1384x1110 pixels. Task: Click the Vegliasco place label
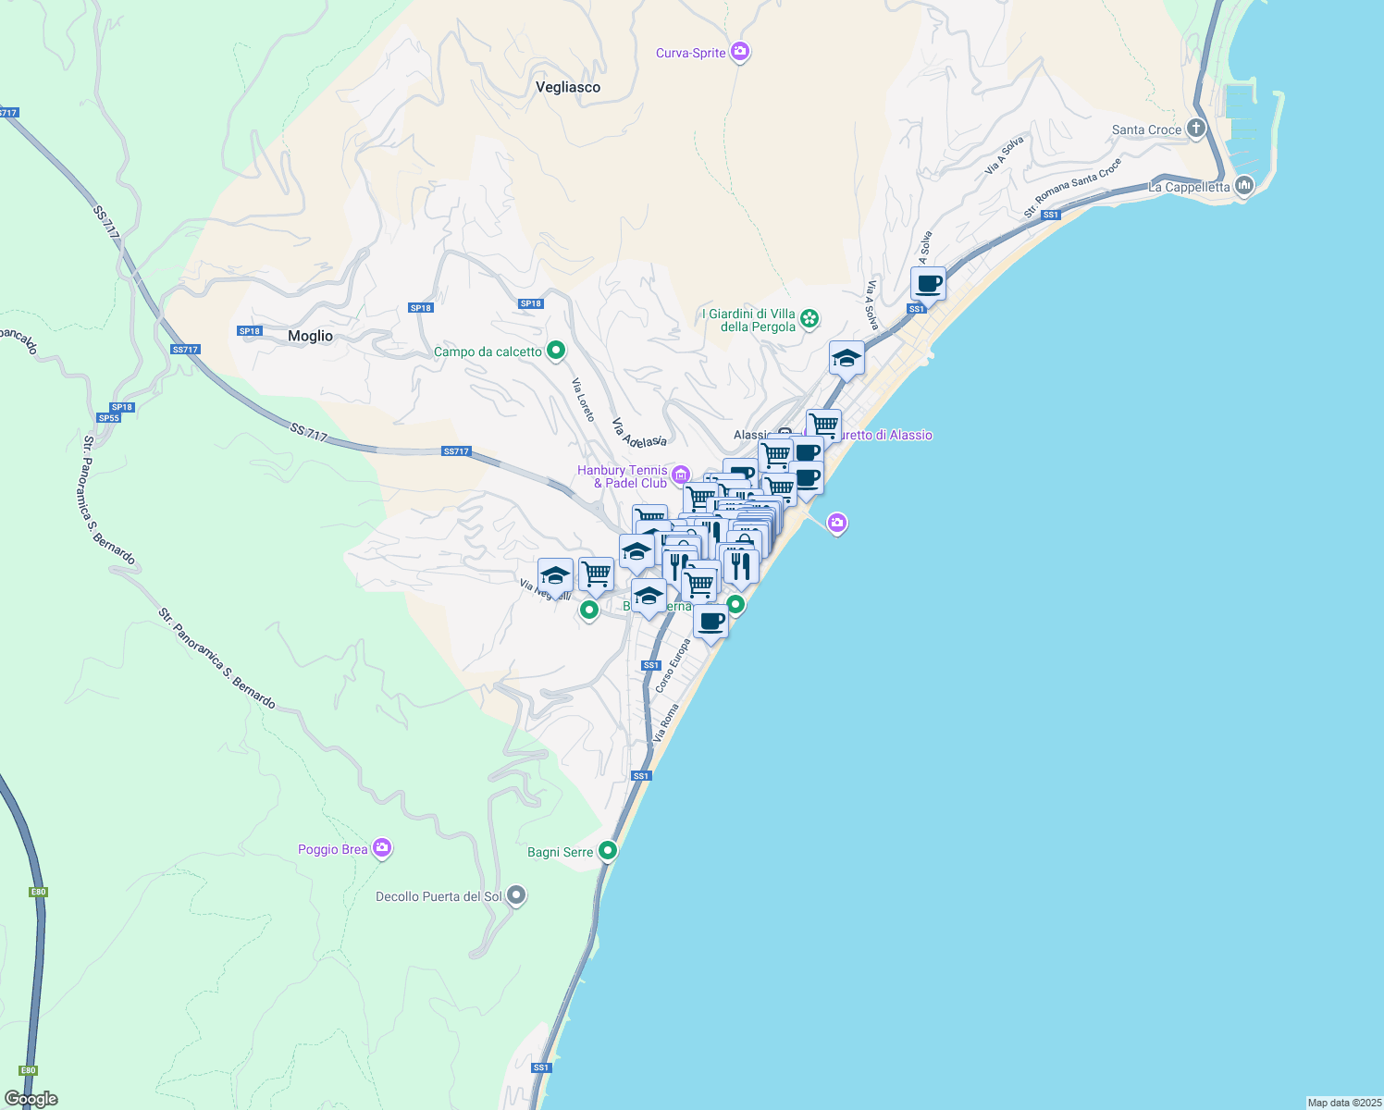pyautogui.click(x=568, y=87)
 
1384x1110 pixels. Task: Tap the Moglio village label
pyautogui.click(x=310, y=336)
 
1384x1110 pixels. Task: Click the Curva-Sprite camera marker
pyautogui.click(x=739, y=52)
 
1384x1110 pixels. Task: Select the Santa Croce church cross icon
pyautogui.click(x=1196, y=129)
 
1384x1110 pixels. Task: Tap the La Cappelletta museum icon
pyautogui.click(x=1243, y=186)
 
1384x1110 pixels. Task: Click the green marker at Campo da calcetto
pyautogui.click(x=556, y=351)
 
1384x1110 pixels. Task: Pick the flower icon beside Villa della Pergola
pyautogui.click(x=809, y=319)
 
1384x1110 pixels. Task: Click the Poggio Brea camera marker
pyautogui.click(x=382, y=848)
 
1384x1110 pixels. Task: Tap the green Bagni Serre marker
pyautogui.click(x=608, y=850)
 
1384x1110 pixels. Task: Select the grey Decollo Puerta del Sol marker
pyautogui.click(x=516, y=895)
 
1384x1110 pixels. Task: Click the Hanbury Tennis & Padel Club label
pyautogui.click(x=623, y=476)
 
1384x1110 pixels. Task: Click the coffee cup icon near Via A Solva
pyautogui.click(x=928, y=284)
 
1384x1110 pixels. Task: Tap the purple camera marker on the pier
pyautogui.click(x=837, y=524)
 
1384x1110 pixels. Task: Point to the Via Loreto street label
pyautogui.click(x=583, y=400)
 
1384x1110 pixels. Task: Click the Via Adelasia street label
pyautogui.click(x=639, y=431)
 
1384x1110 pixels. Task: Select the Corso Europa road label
pyautogui.click(x=673, y=666)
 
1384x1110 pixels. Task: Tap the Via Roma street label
pyautogui.click(x=666, y=722)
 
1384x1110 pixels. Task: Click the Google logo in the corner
pyautogui.click(x=31, y=1099)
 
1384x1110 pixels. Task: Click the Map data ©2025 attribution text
pyautogui.click(x=1344, y=1103)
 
